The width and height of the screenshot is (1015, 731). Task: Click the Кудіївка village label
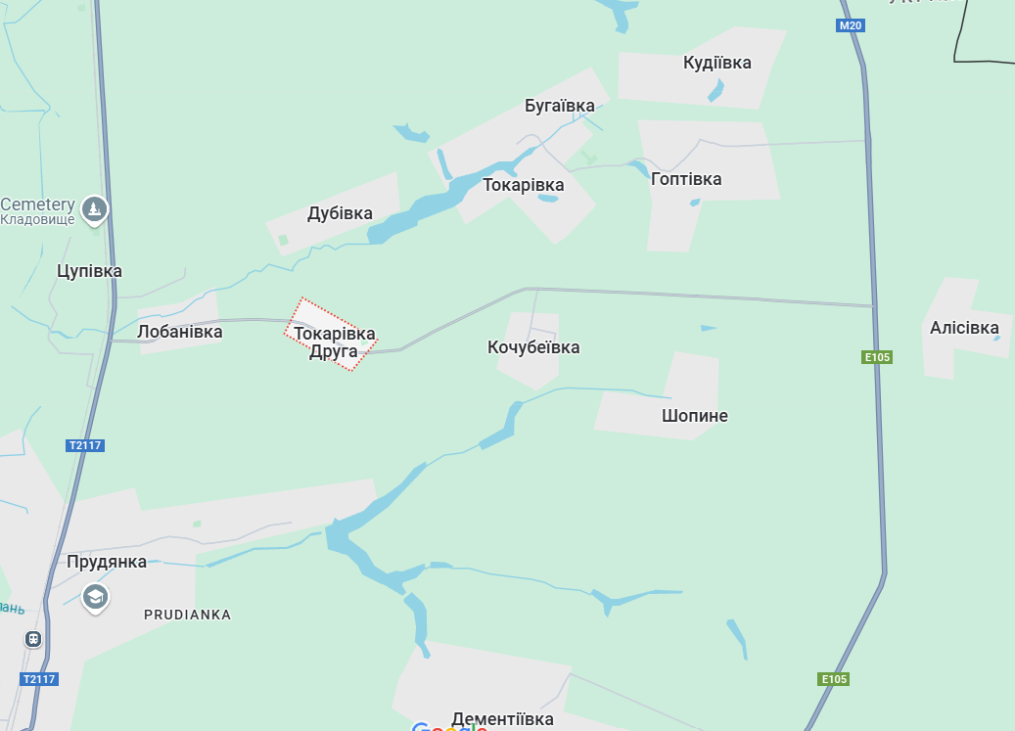pos(716,64)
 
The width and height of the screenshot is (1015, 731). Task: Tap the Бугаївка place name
pos(559,106)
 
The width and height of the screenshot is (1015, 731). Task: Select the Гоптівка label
pos(685,179)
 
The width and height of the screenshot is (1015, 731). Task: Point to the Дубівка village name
pos(340,213)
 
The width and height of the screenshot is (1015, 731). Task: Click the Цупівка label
pos(89,271)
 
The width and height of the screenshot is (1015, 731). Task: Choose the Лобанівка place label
pos(179,332)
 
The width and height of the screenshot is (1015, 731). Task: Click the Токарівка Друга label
pos(334,343)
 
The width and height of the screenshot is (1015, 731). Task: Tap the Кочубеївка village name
pos(532,347)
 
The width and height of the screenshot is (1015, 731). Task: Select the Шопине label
pos(694,416)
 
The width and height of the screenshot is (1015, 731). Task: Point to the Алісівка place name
pos(964,328)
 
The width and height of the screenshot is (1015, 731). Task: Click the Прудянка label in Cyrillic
pos(107,562)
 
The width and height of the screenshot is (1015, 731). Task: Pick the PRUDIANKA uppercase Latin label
pos(187,615)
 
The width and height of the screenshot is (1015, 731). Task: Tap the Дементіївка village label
pos(502,719)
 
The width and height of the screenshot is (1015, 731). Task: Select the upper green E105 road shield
pos(877,357)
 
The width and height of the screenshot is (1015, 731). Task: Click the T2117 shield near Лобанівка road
pos(85,445)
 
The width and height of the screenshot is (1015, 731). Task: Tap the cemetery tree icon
pos(95,208)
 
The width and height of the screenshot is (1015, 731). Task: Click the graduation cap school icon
pos(95,596)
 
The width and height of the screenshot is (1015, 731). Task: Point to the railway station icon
pos(33,639)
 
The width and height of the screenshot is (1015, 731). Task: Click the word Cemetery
pos(37,205)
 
